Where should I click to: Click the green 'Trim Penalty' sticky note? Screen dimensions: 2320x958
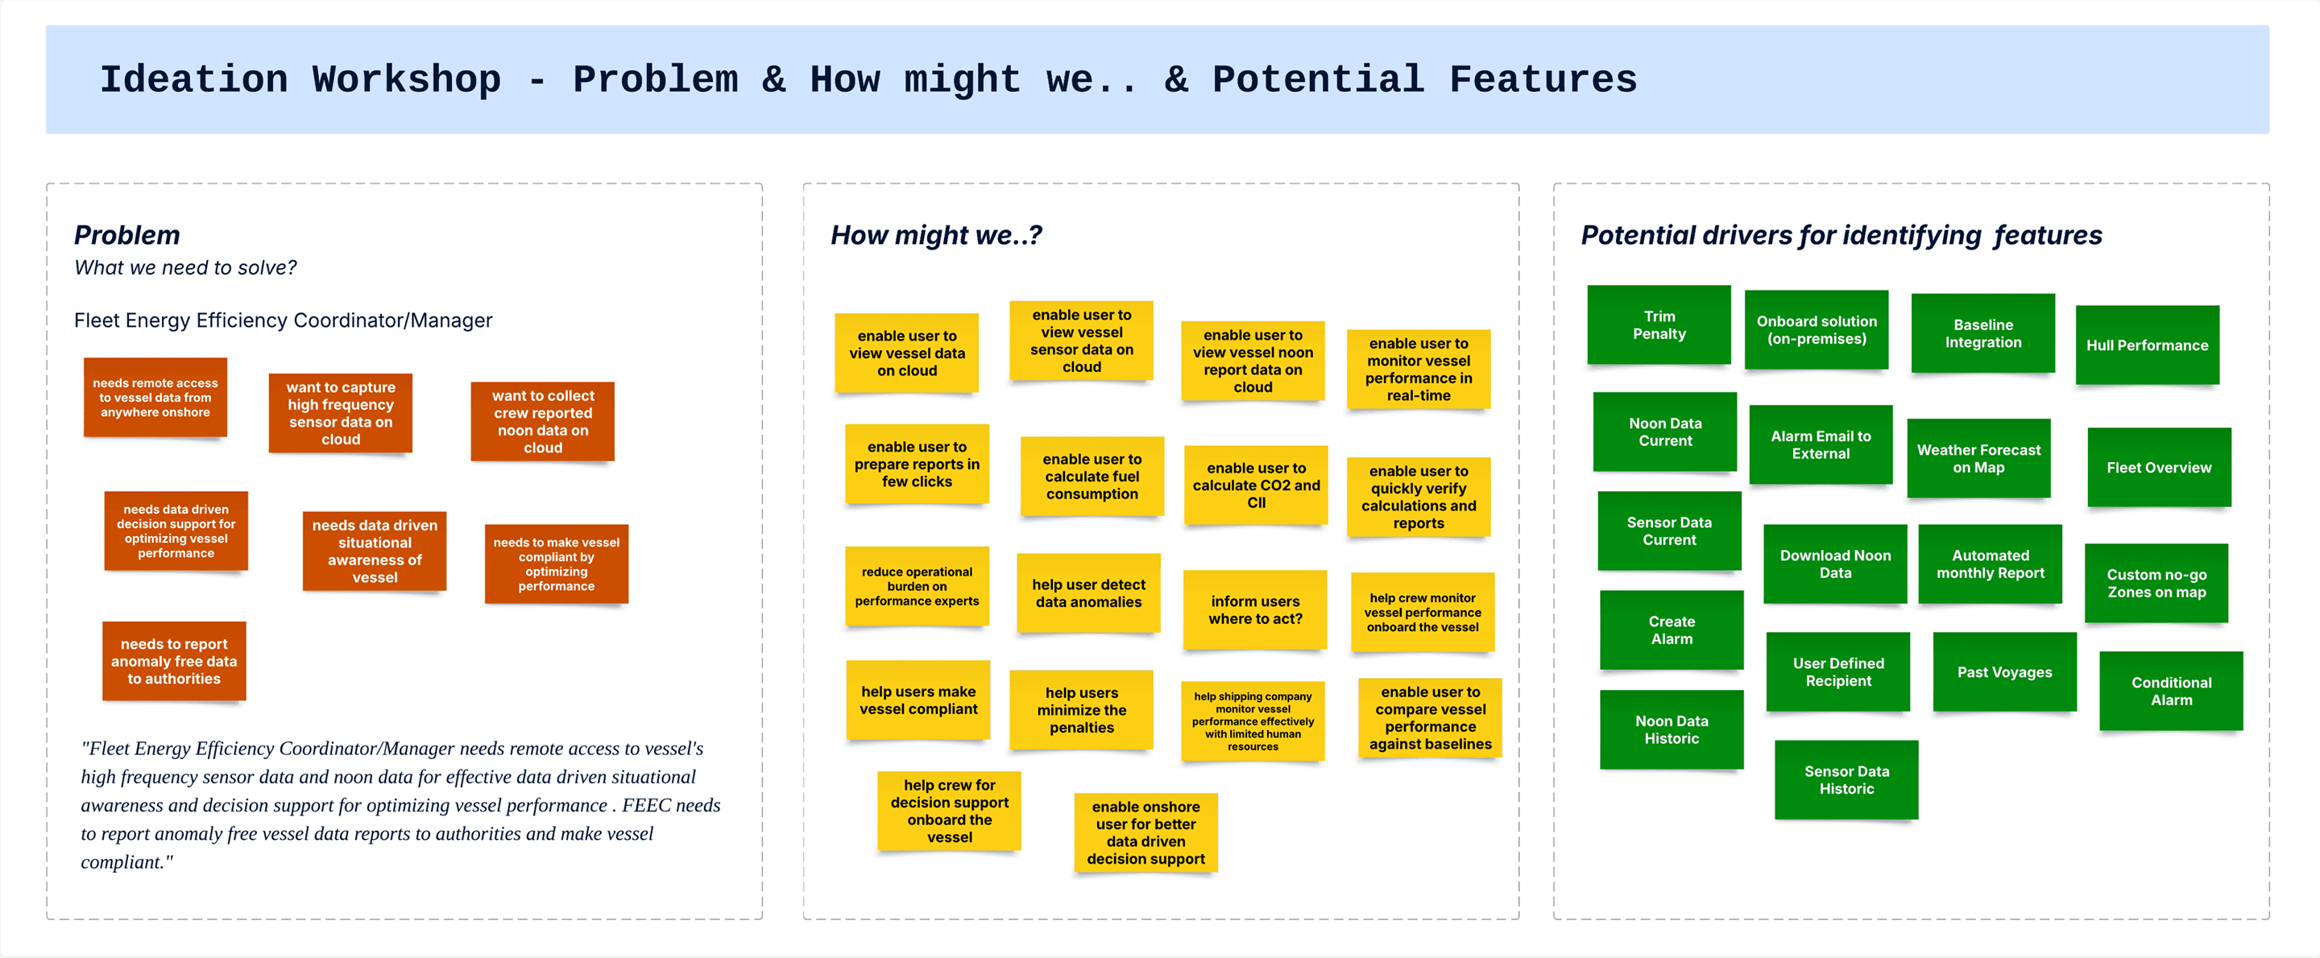click(1659, 325)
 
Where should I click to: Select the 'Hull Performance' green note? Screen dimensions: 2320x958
click(2147, 345)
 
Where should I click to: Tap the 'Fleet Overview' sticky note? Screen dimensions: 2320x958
click(2159, 467)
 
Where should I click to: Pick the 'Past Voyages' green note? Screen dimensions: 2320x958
click(2005, 671)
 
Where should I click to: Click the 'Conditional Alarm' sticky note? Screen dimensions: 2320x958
click(2172, 691)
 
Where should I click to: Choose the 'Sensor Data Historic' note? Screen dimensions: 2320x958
click(1846, 780)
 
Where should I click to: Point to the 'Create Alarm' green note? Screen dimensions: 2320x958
click(1672, 630)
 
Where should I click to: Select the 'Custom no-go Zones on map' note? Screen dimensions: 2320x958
click(2156, 583)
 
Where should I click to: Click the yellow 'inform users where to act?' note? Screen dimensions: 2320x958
click(1254, 609)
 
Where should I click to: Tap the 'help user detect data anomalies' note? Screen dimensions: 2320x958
click(1089, 593)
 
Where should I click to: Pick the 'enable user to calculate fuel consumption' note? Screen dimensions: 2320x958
click(1092, 477)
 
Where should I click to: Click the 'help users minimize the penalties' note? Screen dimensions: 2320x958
click(1082, 709)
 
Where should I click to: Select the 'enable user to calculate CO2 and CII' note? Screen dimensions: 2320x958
click(1257, 485)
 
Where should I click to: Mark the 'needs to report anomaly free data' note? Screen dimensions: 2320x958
click(174, 661)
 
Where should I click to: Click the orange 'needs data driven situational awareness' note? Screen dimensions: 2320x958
click(375, 551)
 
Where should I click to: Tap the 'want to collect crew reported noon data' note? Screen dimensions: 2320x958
click(543, 421)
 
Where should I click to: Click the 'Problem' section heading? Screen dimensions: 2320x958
click(127, 235)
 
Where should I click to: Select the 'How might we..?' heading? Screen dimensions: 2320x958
click(936, 235)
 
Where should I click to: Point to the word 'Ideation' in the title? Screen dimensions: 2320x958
click(193, 79)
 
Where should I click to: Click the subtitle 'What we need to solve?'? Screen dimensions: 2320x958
click(185, 267)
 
